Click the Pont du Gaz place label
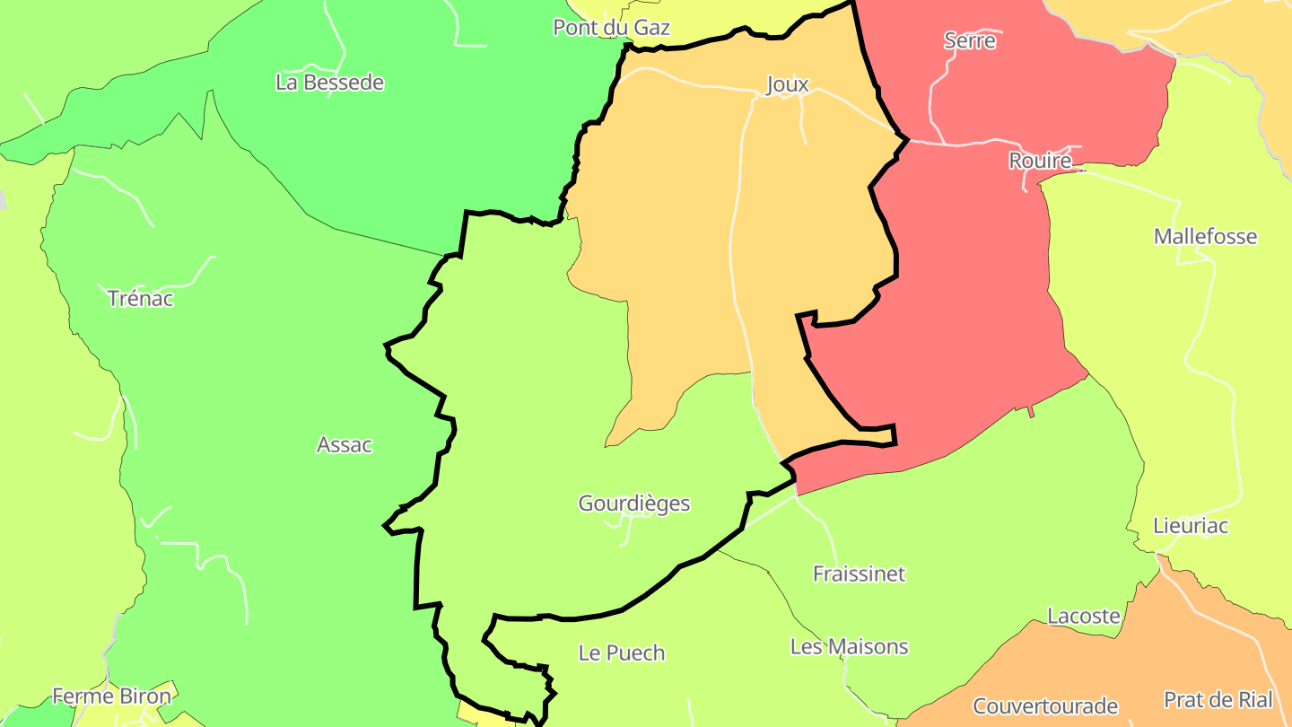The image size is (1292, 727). coord(611,28)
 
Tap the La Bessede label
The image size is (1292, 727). coord(329,83)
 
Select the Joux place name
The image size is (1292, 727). coord(787,84)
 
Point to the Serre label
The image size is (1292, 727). coord(970,40)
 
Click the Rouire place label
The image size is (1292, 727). coord(1040,161)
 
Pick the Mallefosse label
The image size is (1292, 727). coord(1205,237)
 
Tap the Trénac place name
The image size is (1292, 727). coord(140,298)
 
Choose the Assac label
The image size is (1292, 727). coord(345,444)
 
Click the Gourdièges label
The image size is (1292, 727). coord(634,504)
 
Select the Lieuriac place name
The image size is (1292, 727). coord(1190,526)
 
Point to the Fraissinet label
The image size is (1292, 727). coord(859,574)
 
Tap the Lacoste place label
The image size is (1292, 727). coord(1084,617)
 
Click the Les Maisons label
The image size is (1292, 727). coord(849,646)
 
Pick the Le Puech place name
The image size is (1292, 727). coord(622,653)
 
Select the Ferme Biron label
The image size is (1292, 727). coord(111,696)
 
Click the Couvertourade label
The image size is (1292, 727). coord(1045,705)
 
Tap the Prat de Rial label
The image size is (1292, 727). coord(1218,699)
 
